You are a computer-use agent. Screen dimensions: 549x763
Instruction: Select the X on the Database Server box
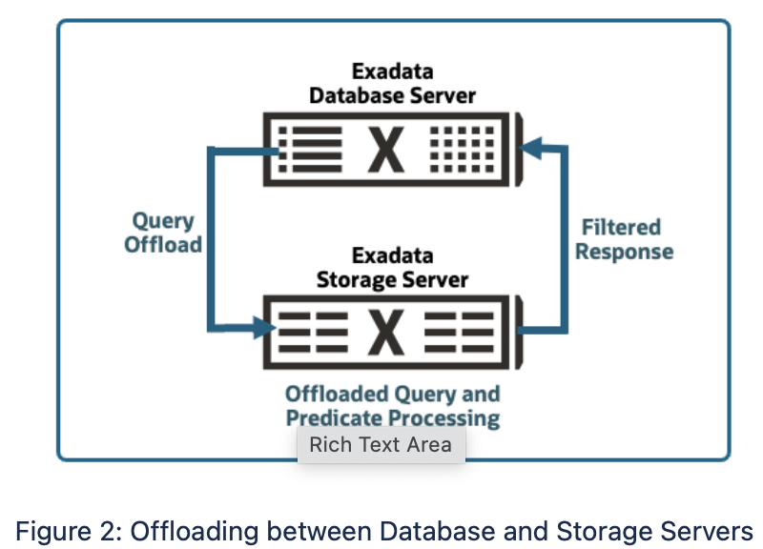385,150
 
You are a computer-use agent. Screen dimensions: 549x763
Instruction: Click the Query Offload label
163,233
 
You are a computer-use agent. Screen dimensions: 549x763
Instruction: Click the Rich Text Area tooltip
381,445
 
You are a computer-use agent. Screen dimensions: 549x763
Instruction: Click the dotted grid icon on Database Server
462,150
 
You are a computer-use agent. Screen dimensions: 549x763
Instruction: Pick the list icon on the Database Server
310,150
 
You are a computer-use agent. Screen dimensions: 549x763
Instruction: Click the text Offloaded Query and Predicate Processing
392,406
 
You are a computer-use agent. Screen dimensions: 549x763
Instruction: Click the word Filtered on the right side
621,227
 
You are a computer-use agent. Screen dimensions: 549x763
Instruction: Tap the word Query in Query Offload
163,221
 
